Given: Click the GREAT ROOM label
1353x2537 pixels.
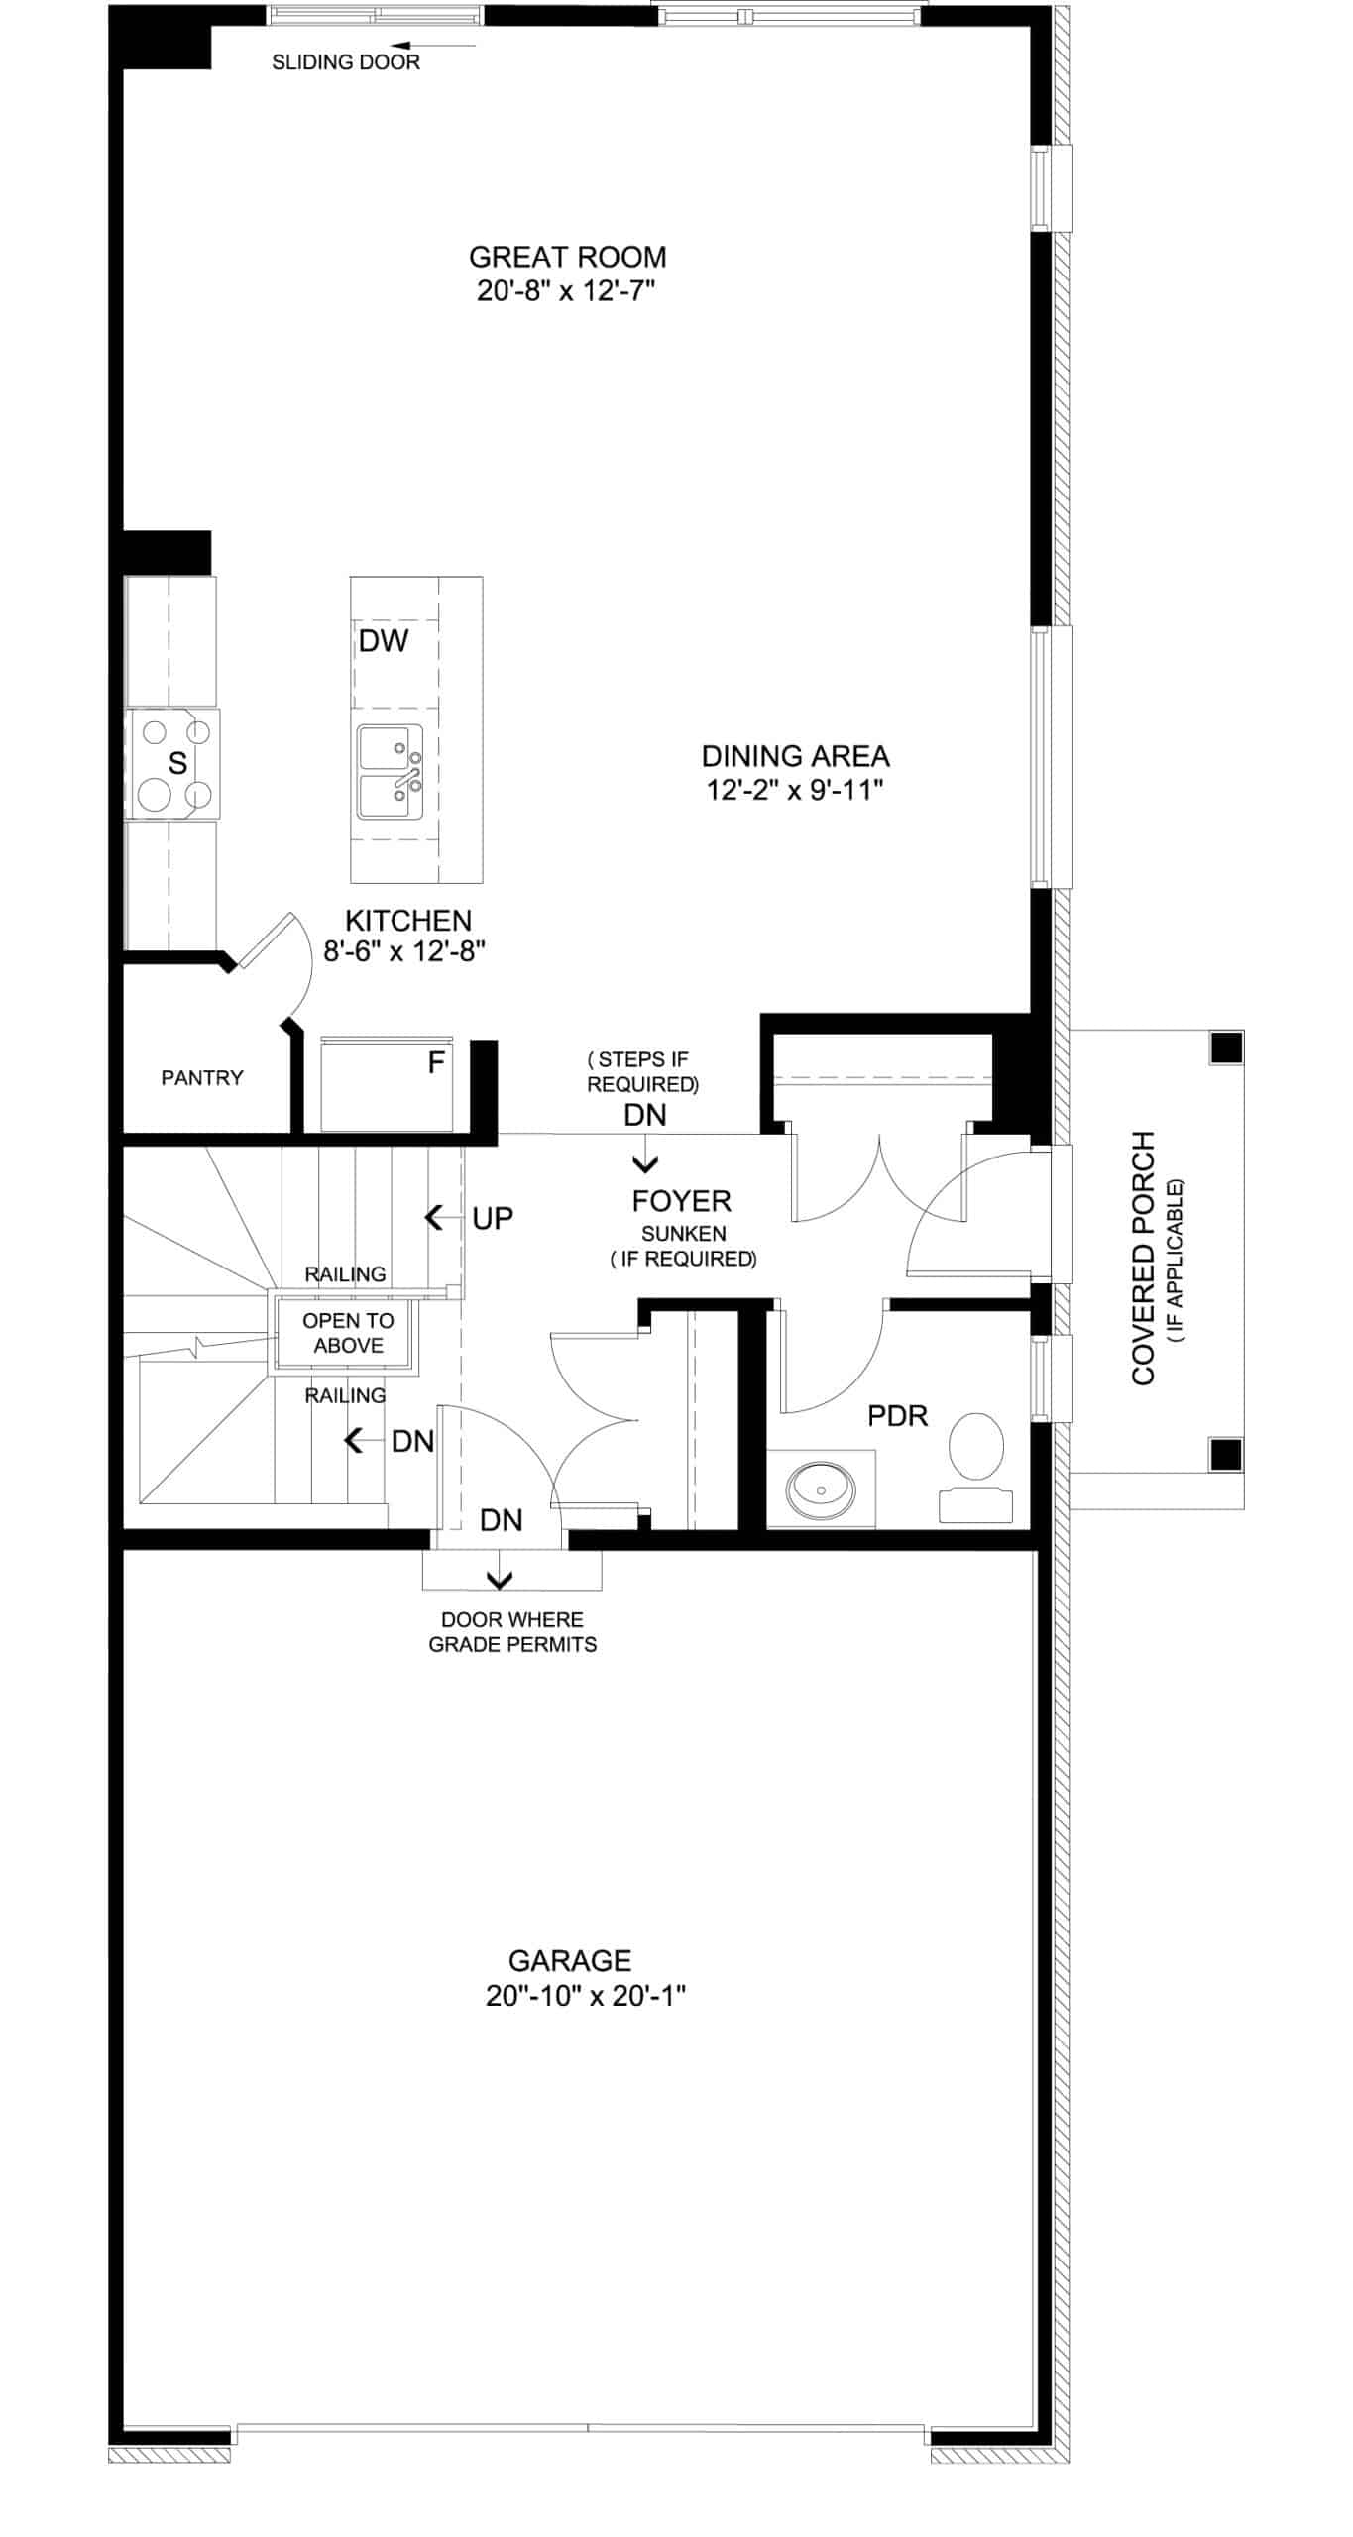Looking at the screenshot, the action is (567, 257).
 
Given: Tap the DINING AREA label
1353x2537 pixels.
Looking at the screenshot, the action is (795, 756).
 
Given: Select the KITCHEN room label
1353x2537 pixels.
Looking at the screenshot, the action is (407, 920).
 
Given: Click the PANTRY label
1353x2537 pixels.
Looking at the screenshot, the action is (202, 1077).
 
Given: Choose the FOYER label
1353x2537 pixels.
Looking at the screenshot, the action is (682, 1201).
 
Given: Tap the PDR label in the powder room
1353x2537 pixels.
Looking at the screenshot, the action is (898, 1416).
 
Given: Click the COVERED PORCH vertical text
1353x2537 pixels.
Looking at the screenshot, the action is (1144, 1258).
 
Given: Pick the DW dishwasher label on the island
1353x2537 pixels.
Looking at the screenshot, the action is (384, 641).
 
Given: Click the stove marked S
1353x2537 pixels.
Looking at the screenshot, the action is (171, 763).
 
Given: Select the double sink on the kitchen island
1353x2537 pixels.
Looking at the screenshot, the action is (392, 772).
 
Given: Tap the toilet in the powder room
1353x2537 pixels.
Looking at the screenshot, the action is (976, 1468).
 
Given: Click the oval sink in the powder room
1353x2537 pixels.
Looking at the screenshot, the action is (821, 1489).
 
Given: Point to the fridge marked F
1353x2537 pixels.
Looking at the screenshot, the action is (387, 1084).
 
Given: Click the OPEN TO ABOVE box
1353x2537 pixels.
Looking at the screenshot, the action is (347, 1333).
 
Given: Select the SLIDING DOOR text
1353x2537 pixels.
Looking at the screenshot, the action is (346, 62).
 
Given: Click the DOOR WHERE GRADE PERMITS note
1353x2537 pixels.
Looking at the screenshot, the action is (512, 1632).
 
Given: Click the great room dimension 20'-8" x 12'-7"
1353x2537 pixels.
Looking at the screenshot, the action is (567, 291).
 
